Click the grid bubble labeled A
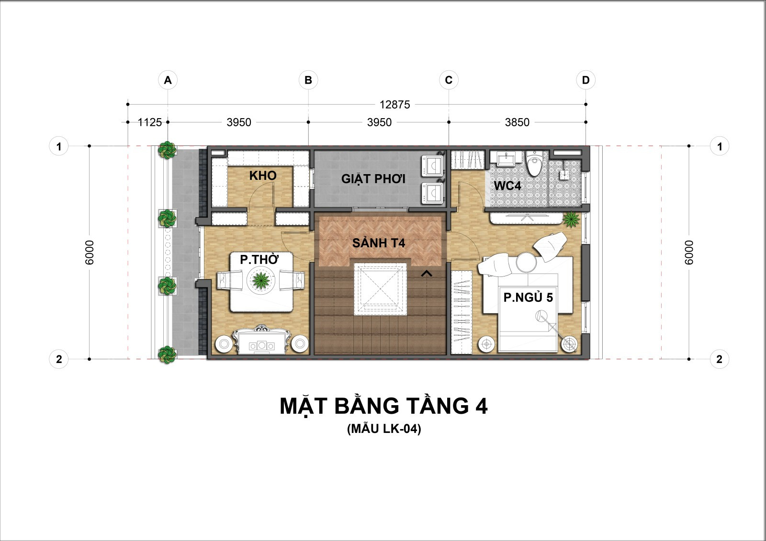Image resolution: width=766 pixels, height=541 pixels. [168, 80]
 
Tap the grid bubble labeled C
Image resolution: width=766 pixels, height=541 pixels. [449, 80]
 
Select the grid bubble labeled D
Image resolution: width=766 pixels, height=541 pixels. [586, 80]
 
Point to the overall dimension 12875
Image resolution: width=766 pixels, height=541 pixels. [394, 105]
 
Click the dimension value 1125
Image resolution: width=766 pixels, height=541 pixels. [149, 122]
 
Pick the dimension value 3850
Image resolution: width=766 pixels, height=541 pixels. [517, 122]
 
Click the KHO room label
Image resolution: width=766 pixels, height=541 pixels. [263, 176]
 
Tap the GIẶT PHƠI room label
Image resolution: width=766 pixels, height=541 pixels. [373, 179]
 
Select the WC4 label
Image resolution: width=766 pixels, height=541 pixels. [507, 186]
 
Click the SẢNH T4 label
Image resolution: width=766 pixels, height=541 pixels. [379, 243]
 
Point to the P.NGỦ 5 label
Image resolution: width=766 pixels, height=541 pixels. [528, 298]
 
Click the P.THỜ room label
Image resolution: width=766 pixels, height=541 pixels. [259, 259]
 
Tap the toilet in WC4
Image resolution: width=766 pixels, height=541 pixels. [536, 164]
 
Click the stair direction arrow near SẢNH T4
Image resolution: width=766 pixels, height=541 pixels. [427, 274]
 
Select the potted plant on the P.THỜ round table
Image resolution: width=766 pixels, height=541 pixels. [261, 281]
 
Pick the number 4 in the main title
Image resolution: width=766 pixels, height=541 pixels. [481, 406]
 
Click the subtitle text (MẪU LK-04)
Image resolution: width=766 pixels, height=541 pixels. [384, 429]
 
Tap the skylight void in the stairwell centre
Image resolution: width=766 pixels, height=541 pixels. [380, 289]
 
